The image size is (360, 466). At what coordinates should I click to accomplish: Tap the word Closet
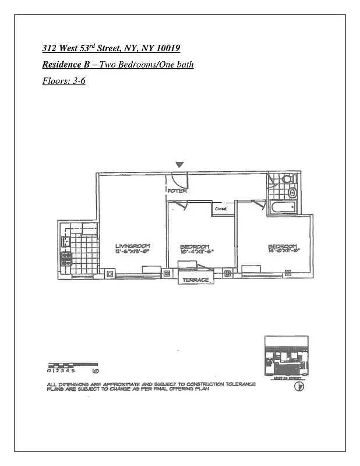coord(221,208)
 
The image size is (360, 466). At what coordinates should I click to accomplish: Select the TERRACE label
coord(195,280)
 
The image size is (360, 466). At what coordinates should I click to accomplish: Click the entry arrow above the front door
coord(181,166)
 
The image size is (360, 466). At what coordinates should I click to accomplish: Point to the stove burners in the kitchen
coord(66,259)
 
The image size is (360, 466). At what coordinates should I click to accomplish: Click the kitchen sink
coord(66,239)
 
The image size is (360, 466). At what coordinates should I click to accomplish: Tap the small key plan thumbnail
coord(286,355)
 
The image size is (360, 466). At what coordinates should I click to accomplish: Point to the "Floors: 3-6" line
coord(64,81)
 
